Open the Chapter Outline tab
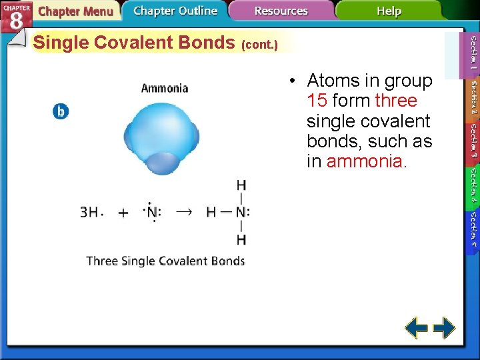[x=175, y=11]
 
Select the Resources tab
[x=281, y=11]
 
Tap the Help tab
[x=389, y=11]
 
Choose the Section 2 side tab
[x=473, y=99]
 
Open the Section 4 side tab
[x=473, y=186]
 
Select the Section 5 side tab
[x=473, y=230]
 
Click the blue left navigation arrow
[x=417, y=328]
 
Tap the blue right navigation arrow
[x=445, y=328]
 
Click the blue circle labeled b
[x=61, y=111]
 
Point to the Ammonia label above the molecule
[x=165, y=88]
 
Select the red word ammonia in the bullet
[x=365, y=162]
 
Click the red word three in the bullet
[x=396, y=101]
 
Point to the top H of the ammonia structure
[x=241, y=185]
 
